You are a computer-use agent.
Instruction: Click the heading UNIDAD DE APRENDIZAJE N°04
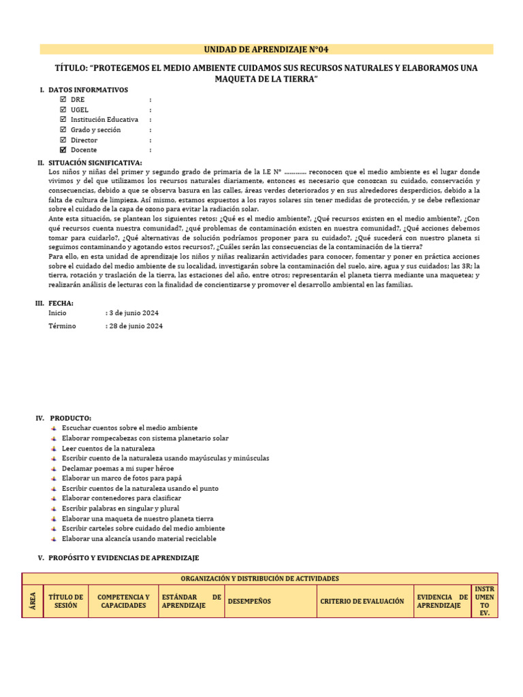click(x=267, y=49)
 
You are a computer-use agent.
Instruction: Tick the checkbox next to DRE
click(x=63, y=99)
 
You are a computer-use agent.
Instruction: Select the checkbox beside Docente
click(x=63, y=150)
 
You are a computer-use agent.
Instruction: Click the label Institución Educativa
click(x=104, y=120)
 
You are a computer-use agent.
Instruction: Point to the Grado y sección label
click(x=97, y=130)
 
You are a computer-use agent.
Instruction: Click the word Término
click(x=63, y=326)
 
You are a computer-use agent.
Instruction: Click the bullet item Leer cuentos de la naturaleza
click(x=108, y=449)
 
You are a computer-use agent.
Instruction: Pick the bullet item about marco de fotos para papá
click(x=124, y=479)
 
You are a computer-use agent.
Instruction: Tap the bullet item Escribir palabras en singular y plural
click(x=121, y=508)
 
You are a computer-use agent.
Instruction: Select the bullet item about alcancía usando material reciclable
click(x=139, y=538)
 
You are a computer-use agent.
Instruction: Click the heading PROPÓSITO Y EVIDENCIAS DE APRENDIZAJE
click(x=124, y=557)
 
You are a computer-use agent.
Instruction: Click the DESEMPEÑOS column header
click(x=249, y=602)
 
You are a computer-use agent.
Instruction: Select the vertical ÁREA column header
click(x=33, y=602)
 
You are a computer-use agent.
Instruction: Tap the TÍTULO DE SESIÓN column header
click(x=66, y=602)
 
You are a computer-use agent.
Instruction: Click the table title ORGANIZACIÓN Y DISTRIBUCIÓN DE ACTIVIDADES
click(x=260, y=579)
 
